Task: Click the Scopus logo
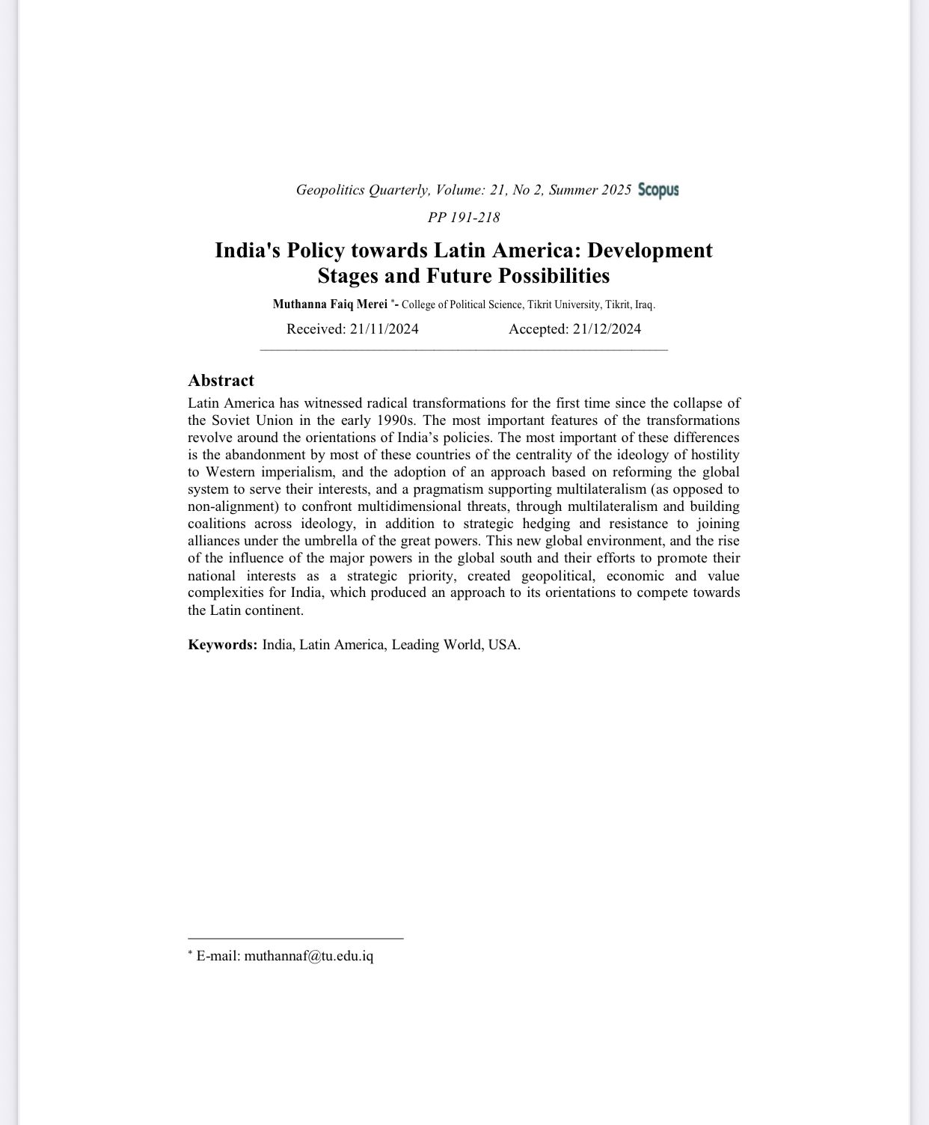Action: pyautogui.click(x=658, y=190)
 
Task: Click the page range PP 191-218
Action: pyautogui.click(x=464, y=218)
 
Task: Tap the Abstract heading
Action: pyautogui.click(x=221, y=380)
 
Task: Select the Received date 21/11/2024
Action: pyautogui.click(x=384, y=329)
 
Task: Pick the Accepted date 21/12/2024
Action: pyautogui.click(x=607, y=329)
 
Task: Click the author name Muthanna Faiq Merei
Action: pyautogui.click(x=330, y=304)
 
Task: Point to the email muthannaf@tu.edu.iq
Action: pyautogui.click(x=308, y=956)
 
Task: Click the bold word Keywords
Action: pyautogui.click(x=222, y=645)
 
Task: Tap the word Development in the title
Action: pyautogui.click(x=649, y=250)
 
